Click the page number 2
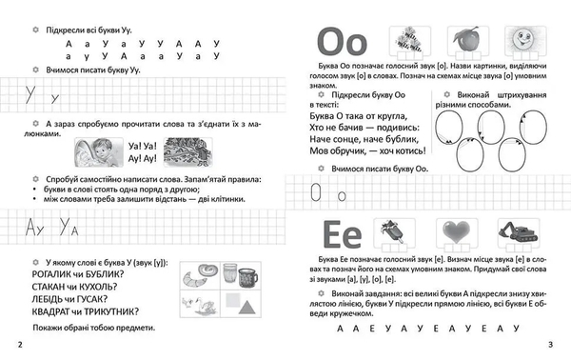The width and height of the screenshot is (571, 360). pos(9,344)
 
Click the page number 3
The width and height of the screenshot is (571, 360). pos(563,344)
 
